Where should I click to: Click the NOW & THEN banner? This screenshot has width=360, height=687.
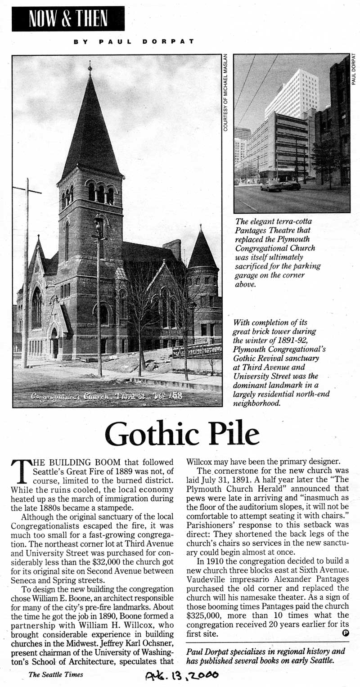click(68, 19)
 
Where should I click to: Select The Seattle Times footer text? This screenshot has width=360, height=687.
click(56, 674)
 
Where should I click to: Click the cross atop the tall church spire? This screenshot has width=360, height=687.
click(90, 67)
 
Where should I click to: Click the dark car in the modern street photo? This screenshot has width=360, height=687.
click(271, 185)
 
